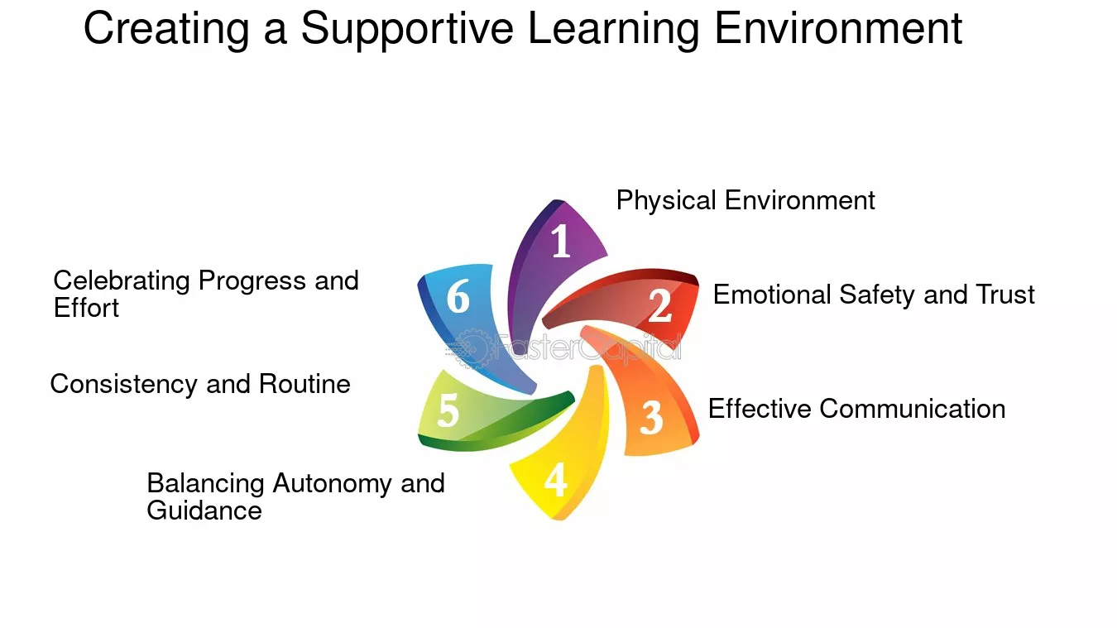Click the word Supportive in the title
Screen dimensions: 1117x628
point(407,30)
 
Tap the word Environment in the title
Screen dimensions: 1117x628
point(838,28)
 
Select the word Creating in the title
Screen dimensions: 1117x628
point(166,30)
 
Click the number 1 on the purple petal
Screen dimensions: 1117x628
point(561,241)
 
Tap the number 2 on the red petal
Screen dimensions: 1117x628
point(660,304)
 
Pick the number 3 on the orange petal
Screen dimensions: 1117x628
point(651,417)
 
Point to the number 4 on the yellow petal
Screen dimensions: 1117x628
point(555,479)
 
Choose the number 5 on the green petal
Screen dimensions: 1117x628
point(448,410)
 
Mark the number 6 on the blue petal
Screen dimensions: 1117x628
point(458,296)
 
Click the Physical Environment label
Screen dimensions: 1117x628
point(745,201)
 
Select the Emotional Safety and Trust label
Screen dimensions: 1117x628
point(874,295)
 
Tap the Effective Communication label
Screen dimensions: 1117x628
point(856,409)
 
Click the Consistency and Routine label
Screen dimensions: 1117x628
point(200,385)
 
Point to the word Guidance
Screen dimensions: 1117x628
point(204,511)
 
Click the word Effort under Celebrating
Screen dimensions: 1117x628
point(86,308)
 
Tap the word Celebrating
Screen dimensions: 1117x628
point(122,281)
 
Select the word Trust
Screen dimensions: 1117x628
point(1004,295)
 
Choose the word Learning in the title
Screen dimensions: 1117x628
point(614,30)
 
